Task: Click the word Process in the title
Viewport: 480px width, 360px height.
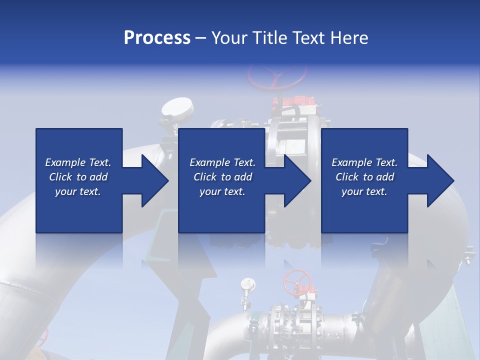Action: tap(157, 37)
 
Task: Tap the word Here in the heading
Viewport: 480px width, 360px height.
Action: tap(350, 37)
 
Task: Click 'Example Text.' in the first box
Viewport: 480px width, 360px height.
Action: tap(78, 162)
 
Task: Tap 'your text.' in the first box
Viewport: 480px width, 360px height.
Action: tap(78, 191)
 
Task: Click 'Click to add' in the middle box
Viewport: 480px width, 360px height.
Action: tap(222, 177)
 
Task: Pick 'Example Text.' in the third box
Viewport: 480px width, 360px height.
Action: tap(364, 162)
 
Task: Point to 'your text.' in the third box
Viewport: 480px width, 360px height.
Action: tap(364, 191)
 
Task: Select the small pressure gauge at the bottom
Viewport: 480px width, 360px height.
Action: tap(246, 284)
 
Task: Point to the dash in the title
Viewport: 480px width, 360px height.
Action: tap(201, 38)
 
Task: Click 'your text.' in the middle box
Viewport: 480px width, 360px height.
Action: tap(222, 191)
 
